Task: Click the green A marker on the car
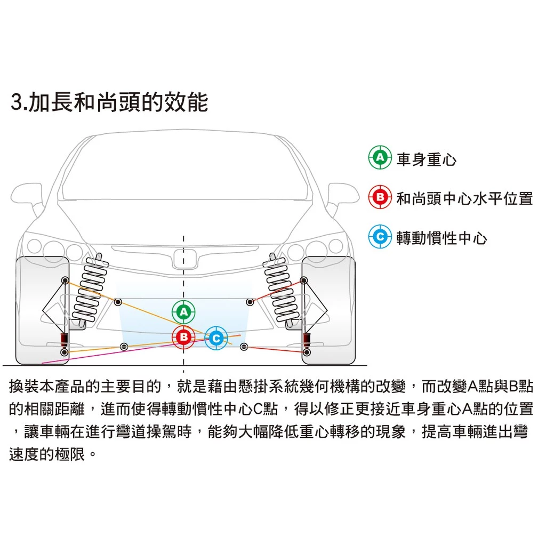[183, 311]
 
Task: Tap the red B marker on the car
[183, 337]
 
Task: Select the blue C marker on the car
[216, 338]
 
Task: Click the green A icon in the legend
[380, 157]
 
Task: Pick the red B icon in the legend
[380, 197]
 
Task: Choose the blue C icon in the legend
[380, 237]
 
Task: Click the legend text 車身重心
[426, 159]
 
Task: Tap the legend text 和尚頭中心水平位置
[464, 198]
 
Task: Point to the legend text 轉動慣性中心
[441, 238]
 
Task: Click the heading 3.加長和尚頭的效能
[109, 102]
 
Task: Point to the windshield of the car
[184, 166]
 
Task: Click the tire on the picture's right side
[328, 311]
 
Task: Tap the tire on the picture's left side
[43, 311]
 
